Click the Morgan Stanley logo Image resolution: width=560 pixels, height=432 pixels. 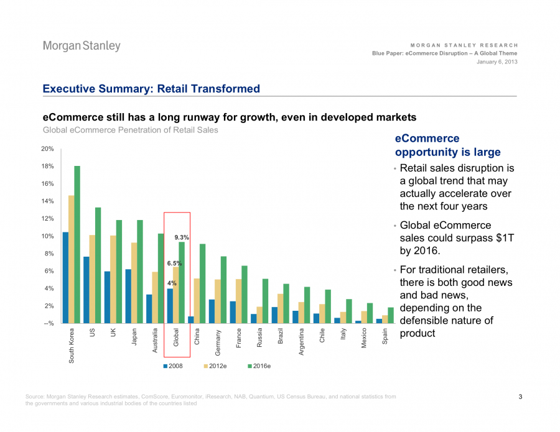[x=82, y=47]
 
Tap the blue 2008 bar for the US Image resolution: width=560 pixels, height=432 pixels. [x=86, y=290]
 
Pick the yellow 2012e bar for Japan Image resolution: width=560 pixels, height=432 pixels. [x=134, y=283]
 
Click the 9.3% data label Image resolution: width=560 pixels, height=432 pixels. [x=181, y=237]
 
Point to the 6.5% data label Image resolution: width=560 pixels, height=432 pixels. [x=174, y=264]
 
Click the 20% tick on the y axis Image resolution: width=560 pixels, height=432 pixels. [x=47, y=149]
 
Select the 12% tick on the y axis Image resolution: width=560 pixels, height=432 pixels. [x=47, y=219]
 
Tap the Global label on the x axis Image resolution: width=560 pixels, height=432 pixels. [x=176, y=338]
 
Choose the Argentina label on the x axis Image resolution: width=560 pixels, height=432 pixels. [x=301, y=342]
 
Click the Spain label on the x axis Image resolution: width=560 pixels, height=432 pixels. [x=385, y=336]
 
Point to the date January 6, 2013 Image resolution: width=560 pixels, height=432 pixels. [x=497, y=62]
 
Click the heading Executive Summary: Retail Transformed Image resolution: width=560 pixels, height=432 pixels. [x=151, y=89]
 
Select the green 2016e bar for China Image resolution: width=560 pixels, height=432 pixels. [x=202, y=283]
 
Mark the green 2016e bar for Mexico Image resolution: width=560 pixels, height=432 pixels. [x=370, y=313]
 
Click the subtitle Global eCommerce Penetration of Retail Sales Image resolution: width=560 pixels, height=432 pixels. [x=130, y=130]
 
